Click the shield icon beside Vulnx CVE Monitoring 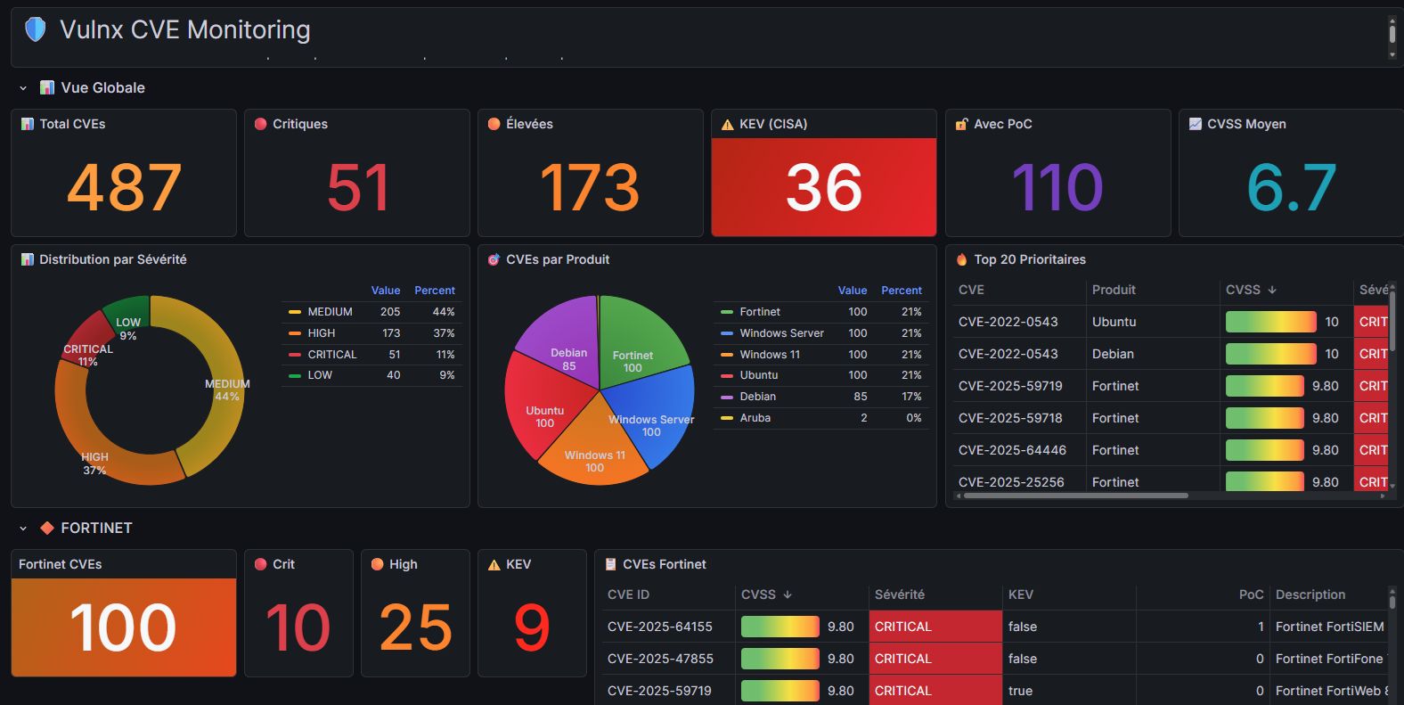pyautogui.click(x=35, y=29)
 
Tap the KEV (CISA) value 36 pyautogui.click(x=823, y=187)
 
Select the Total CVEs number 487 pyautogui.click(x=124, y=187)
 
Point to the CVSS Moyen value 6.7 pyautogui.click(x=1291, y=187)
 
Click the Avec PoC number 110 pyautogui.click(x=1057, y=187)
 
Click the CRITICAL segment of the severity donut pyautogui.click(x=86, y=338)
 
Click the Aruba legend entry pyautogui.click(x=755, y=418)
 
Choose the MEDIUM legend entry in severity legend pyautogui.click(x=330, y=312)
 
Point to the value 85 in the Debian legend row pyautogui.click(x=860, y=397)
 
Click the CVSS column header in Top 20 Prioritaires pyautogui.click(x=1243, y=290)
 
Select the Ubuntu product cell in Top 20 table pyautogui.click(x=1114, y=322)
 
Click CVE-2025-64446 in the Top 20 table pyautogui.click(x=1012, y=450)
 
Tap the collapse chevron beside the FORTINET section pyautogui.click(x=23, y=529)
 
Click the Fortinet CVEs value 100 pyautogui.click(x=123, y=627)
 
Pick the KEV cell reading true pyautogui.click(x=1020, y=691)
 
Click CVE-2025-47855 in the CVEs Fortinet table pyautogui.click(x=660, y=659)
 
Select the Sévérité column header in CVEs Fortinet pyautogui.click(x=900, y=594)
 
